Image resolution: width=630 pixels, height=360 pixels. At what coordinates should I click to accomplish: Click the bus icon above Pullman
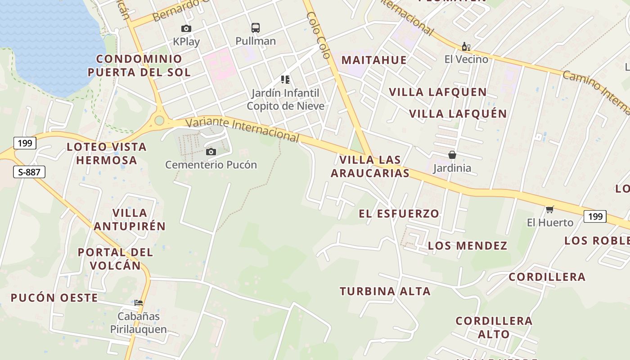tap(256, 28)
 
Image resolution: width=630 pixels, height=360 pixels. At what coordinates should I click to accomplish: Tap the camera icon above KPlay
tap(186, 29)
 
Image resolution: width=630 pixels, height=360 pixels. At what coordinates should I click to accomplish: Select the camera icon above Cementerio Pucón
tap(211, 152)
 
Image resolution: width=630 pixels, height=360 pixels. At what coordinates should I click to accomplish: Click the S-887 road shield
tap(29, 171)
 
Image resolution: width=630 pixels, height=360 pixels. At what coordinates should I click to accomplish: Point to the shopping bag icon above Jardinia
tap(452, 155)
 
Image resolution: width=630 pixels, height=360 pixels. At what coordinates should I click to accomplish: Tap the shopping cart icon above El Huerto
tap(549, 209)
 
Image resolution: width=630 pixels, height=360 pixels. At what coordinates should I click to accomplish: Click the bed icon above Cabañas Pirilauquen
tap(139, 303)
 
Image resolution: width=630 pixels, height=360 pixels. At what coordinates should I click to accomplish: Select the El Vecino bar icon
tap(466, 46)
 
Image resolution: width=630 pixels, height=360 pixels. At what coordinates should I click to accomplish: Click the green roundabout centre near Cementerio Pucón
tap(159, 120)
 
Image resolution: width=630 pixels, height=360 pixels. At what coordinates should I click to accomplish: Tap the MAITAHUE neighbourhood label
tap(374, 60)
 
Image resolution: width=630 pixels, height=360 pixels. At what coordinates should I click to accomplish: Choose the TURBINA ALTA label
tap(385, 291)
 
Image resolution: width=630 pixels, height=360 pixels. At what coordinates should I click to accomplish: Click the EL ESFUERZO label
tap(399, 213)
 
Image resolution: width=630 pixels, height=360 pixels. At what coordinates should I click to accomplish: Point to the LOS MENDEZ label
tap(468, 246)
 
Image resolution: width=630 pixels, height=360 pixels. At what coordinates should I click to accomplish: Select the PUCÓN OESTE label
tap(54, 297)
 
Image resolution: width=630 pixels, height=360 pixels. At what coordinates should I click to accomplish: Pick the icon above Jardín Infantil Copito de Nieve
tap(285, 80)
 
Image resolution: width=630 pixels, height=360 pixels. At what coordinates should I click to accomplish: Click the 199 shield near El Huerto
tap(595, 216)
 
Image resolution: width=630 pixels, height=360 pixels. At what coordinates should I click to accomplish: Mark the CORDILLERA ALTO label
tap(494, 328)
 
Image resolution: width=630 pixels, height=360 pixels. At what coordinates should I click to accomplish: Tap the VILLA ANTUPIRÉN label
tap(130, 220)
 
